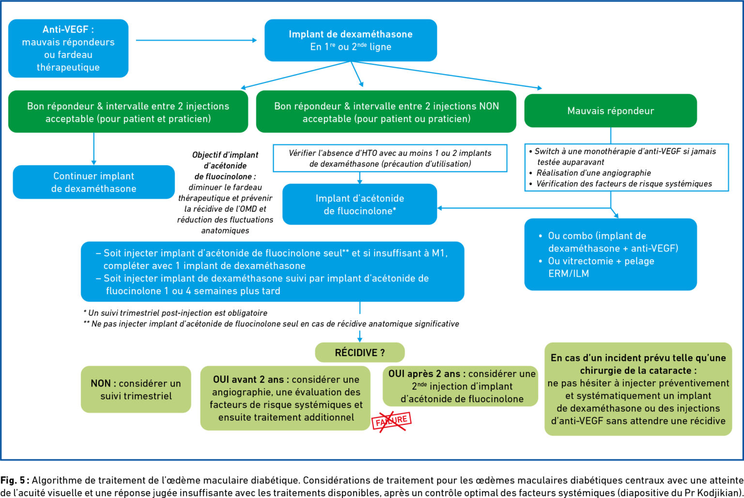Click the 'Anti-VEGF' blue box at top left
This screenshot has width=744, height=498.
coord(68,48)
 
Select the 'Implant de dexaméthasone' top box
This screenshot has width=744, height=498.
coord(351,40)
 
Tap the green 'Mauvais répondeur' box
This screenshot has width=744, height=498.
coord(610,111)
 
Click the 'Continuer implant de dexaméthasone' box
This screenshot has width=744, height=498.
coord(93,182)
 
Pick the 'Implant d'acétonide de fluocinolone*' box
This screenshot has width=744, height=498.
coord(359,204)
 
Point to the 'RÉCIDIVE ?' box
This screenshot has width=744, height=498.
coord(359,353)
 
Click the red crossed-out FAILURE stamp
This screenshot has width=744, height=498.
coord(391,420)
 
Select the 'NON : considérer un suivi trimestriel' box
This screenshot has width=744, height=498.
coord(136,389)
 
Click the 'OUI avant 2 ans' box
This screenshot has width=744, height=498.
coord(286,398)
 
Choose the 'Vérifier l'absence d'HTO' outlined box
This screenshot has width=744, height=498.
coord(390,158)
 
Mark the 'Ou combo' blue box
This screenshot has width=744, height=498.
coord(610,254)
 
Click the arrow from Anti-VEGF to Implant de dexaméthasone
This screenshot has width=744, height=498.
coord(196,40)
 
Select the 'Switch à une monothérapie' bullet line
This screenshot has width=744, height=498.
coord(625,152)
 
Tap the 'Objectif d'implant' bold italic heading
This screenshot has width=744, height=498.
coord(225,155)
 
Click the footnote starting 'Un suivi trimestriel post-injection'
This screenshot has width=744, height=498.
coord(177,313)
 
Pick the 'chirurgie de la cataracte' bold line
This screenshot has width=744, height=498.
coord(638,371)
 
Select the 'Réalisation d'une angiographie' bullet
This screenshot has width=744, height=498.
coord(593,173)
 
